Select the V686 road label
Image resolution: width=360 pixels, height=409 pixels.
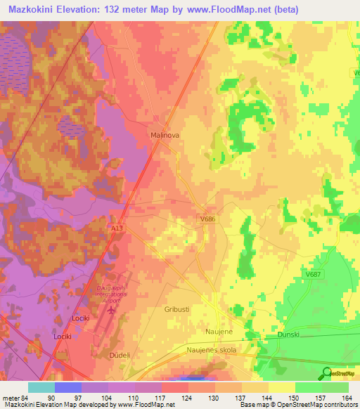pos(207,219)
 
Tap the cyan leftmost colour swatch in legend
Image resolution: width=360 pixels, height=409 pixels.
pos(41,387)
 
